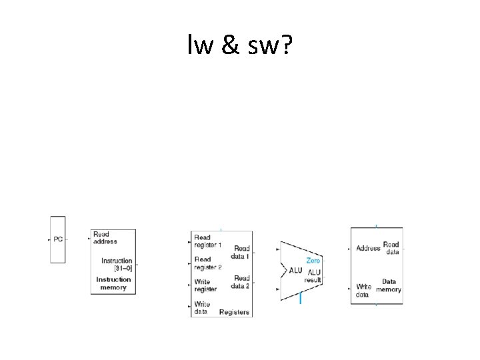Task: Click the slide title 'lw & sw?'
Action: [239, 46]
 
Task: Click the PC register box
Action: [58, 239]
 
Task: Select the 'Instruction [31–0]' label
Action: [117, 265]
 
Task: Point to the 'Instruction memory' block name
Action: [113, 283]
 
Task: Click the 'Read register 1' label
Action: [207, 241]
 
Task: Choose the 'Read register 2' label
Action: [207, 263]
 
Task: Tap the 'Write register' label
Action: [205, 286]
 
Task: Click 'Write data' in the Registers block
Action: [202, 307]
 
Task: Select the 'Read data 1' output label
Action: [241, 253]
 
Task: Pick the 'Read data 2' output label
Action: [241, 282]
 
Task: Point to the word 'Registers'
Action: [234, 312]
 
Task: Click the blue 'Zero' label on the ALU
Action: [313, 261]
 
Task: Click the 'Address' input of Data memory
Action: [368, 249]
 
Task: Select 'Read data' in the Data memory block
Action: [391, 249]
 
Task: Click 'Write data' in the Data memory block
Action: [363, 290]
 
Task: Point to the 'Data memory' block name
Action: [389, 286]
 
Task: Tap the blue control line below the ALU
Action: [301, 299]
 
